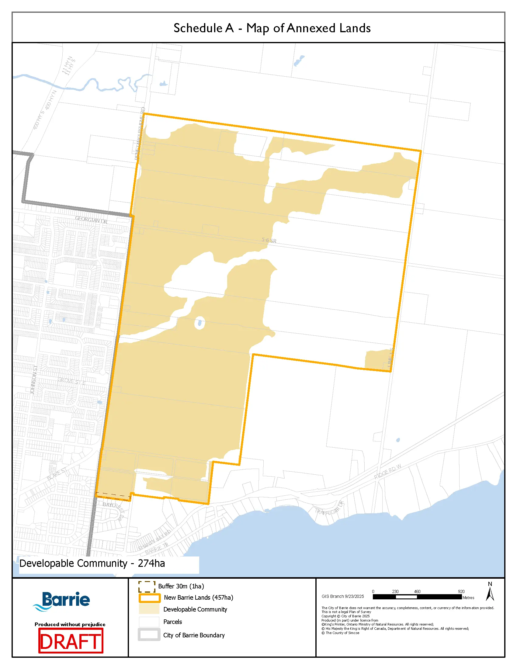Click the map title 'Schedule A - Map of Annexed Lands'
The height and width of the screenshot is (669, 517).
(272, 28)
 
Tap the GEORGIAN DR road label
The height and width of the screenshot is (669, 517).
(91, 220)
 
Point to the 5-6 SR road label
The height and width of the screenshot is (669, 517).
(269, 240)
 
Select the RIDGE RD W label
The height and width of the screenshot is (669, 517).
(387, 472)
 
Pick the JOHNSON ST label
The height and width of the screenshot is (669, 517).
(34, 380)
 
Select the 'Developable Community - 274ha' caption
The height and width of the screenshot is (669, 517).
(92, 563)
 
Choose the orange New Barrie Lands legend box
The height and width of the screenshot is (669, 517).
(149, 598)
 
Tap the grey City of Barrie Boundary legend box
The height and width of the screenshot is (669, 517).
(149, 635)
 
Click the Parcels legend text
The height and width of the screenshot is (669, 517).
(172, 622)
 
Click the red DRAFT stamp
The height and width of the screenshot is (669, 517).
(71, 641)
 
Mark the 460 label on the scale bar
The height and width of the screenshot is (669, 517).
(417, 591)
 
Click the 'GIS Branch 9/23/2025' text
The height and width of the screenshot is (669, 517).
(343, 596)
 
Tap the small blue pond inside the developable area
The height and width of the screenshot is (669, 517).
(200, 323)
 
